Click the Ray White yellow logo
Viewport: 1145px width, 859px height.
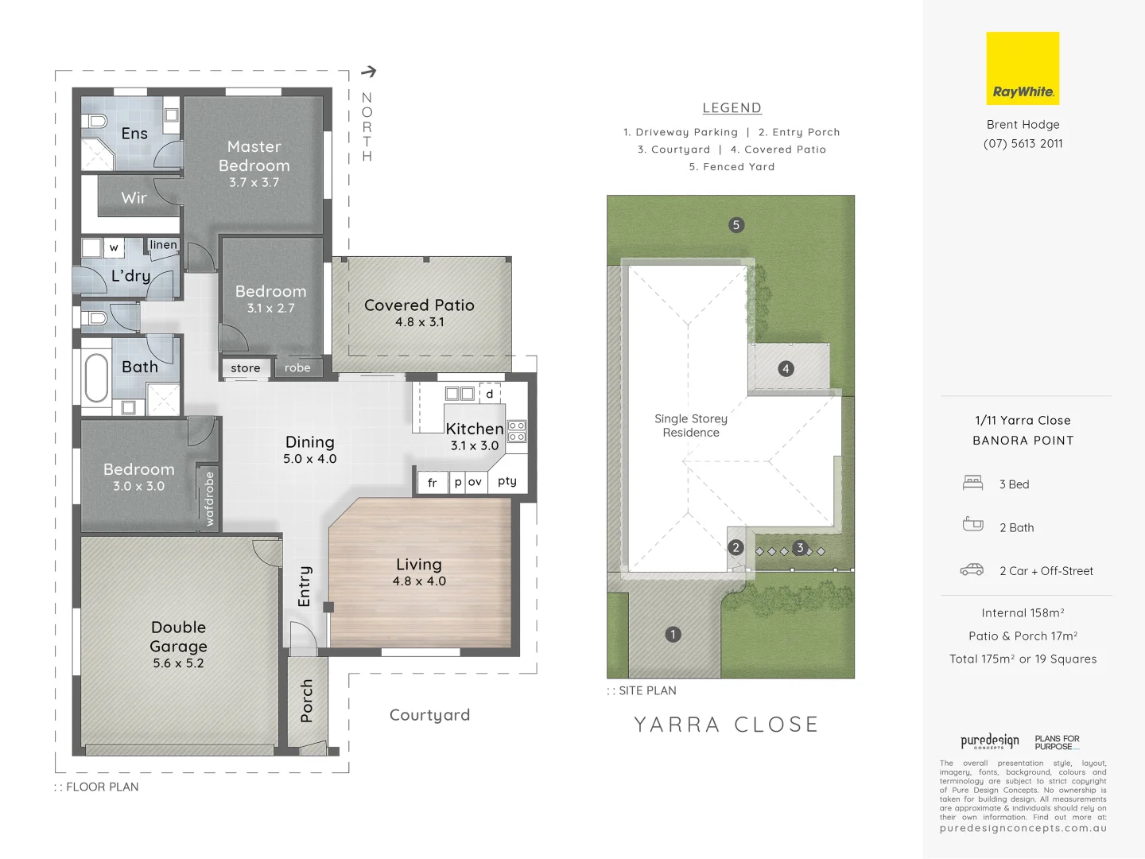pos(1023,68)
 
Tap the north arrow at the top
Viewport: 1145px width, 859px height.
pos(368,72)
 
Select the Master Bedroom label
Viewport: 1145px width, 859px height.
pos(254,156)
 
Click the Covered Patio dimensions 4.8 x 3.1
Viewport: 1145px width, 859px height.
pos(419,322)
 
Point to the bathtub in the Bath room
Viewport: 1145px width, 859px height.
pos(97,379)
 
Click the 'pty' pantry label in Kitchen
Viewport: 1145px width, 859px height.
pos(507,481)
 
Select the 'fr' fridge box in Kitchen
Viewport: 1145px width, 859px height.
pos(432,483)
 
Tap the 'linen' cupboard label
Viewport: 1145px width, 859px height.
pos(163,245)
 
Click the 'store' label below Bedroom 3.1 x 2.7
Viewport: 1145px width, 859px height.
pos(245,368)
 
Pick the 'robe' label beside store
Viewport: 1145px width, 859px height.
pos(297,368)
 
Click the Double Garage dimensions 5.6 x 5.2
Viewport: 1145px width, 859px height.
pos(178,663)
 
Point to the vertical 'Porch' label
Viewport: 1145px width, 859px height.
pos(307,701)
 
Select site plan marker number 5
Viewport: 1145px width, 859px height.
pos(736,225)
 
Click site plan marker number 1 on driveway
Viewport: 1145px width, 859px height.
pos(673,635)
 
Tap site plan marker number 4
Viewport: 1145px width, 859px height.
pos(786,369)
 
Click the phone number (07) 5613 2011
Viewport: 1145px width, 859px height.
pos(1023,144)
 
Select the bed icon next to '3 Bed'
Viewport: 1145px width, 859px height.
pos(972,483)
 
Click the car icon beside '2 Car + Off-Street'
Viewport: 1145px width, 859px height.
pos(972,570)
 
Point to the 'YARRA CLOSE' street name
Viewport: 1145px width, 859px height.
pos(726,725)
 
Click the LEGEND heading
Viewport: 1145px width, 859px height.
pos(732,108)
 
